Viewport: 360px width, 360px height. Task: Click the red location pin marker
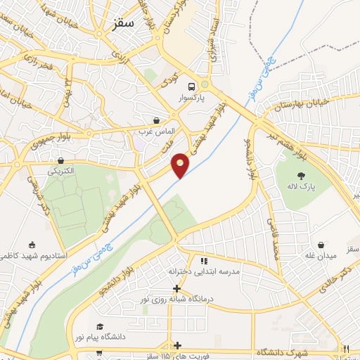[181, 165]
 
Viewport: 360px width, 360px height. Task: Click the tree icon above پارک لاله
[303, 175]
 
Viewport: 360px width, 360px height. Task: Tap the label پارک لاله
[303, 187]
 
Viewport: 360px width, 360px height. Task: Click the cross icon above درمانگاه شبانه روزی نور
[176, 288]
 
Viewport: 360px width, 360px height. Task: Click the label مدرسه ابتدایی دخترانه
[204, 271]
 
